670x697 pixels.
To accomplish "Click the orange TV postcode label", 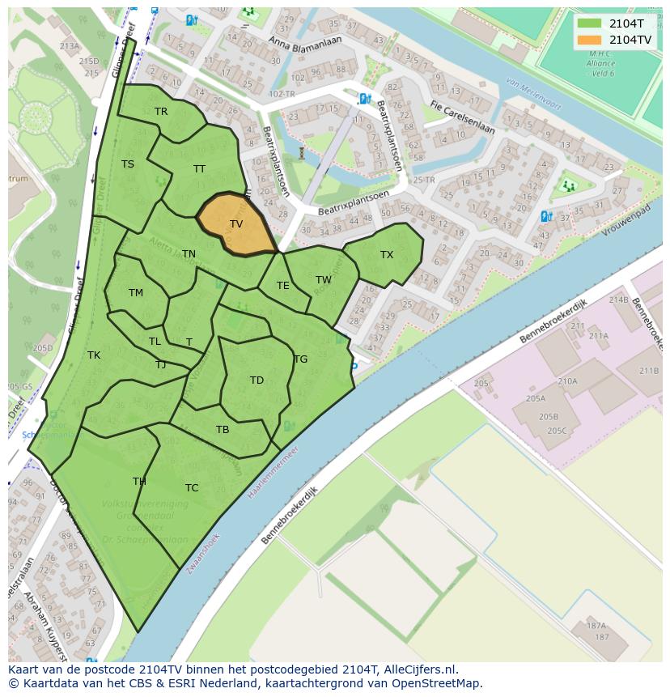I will (x=236, y=224).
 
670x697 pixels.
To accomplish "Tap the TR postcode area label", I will (x=161, y=112).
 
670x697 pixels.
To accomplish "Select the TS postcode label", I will (x=128, y=164).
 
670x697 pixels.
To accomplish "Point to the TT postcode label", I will (x=199, y=169).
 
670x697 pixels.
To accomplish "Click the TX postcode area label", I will (x=387, y=255).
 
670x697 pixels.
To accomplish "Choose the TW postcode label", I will (x=324, y=280).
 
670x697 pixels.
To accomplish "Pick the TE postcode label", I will (x=283, y=286).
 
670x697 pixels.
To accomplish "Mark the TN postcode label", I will (x=189, y=254).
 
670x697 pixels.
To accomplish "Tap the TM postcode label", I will (x=136, y=293).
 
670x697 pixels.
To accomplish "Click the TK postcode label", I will (x=94, y=355).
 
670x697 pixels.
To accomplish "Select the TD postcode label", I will (x=257, y=380).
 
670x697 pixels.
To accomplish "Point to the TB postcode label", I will (x=223, y=430).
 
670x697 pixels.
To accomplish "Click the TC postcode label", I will (x=192, y=488).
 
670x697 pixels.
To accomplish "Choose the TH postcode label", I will (x=139, y=482).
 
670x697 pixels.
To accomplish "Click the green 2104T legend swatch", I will (x=590, y=23).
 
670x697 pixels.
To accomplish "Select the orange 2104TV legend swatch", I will (x=590, y=40).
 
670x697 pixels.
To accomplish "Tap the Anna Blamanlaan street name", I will (x=305, y=42).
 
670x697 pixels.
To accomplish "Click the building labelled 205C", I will (x=557, y=431).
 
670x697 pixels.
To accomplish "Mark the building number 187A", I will (x=596, y=626).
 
